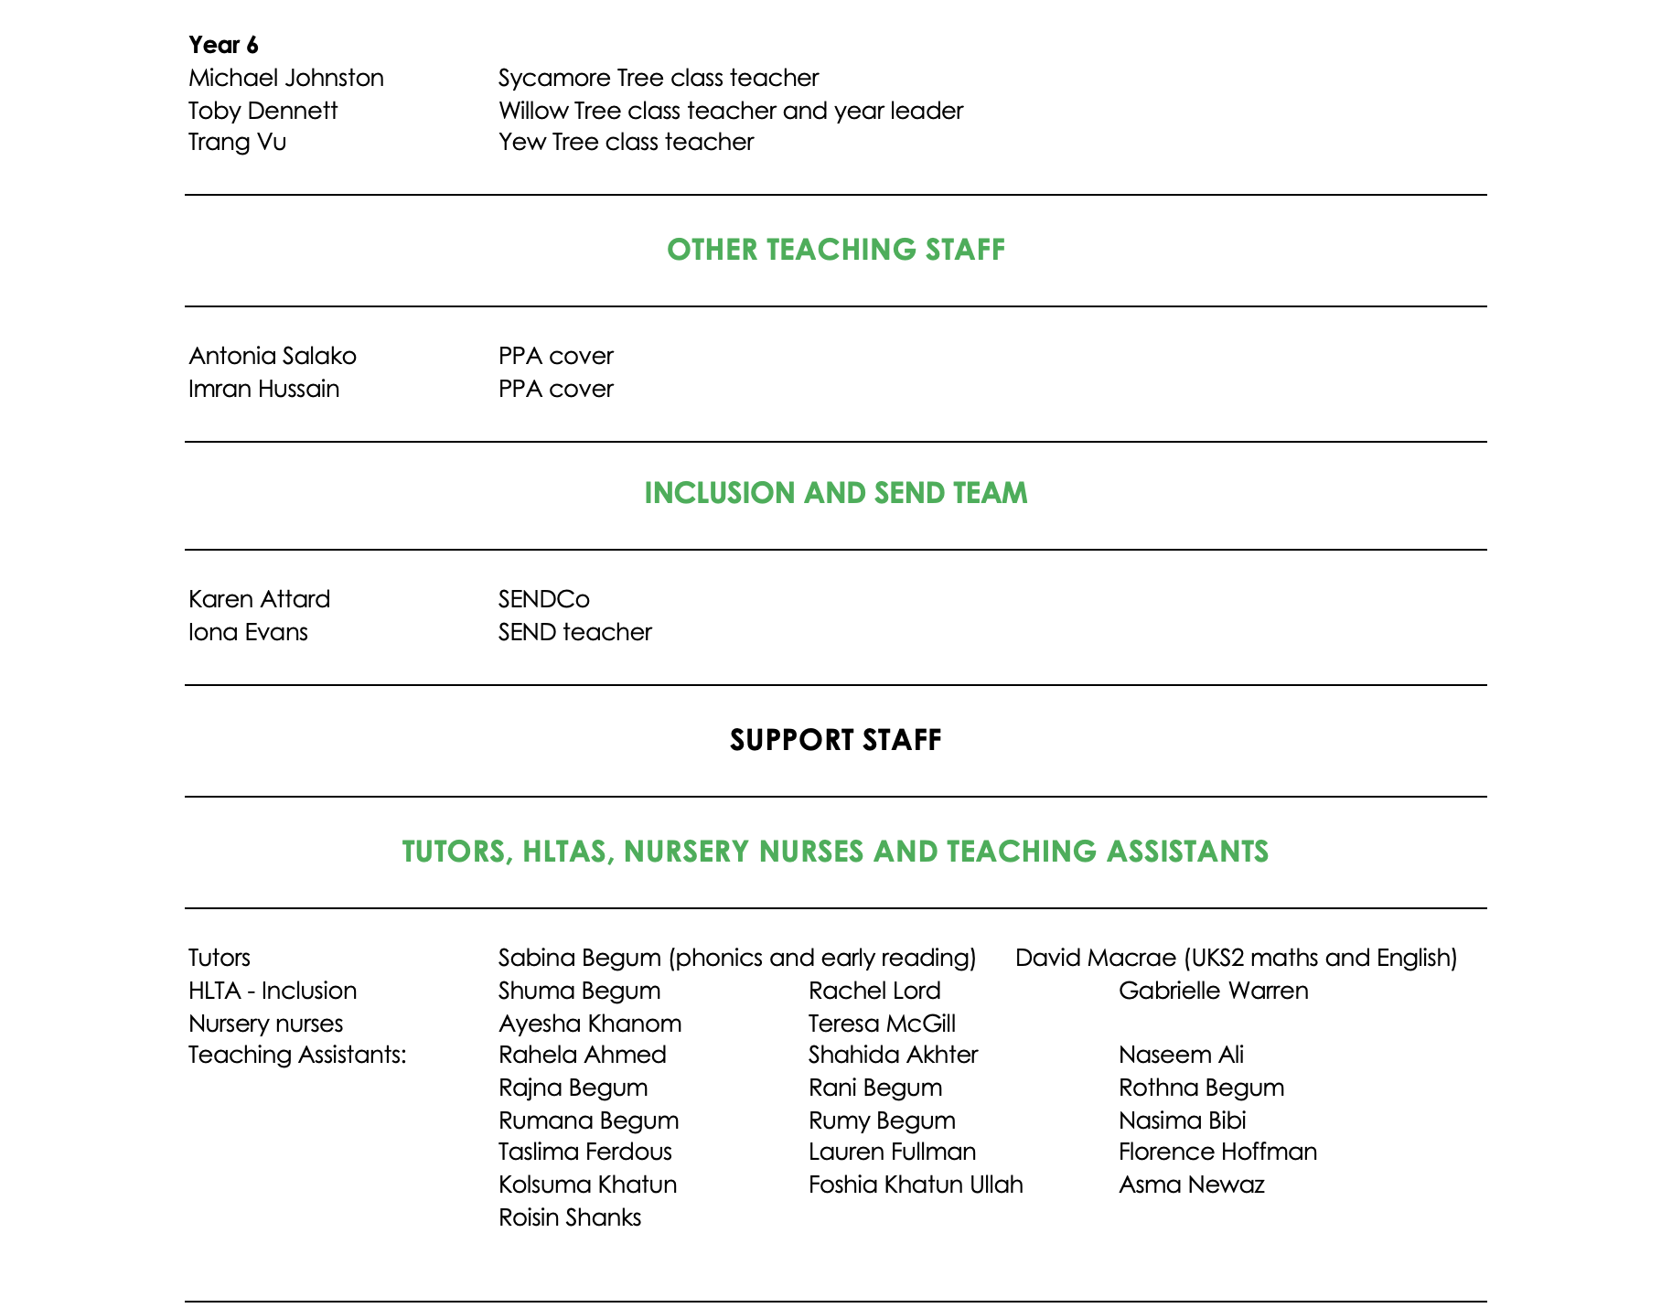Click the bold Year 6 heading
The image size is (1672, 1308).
click(x=223, y=45)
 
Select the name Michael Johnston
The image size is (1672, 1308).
click(x=285, y=78)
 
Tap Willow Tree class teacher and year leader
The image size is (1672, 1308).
click(x=730, y=111)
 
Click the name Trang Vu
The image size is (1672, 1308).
click(x=237, y=142)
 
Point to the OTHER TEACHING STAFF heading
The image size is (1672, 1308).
click(x=835, y=250)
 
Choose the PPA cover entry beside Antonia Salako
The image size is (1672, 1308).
click(x=555, y=356)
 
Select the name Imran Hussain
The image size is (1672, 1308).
click(x=263, y=389)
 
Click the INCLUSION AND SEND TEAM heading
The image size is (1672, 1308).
click(x=835, y=493)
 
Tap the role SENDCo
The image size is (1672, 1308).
click(x=543, y=599)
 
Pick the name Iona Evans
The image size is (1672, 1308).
click(x=248, y=632)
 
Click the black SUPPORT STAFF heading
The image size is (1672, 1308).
click(x=835, y=740)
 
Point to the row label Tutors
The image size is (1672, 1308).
click(x=219, y=958)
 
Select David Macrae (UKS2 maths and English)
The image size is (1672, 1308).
click(x=1236, y=958)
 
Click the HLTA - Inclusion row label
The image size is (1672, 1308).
click(x=272, y=991)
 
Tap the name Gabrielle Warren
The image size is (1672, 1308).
click(x=1213, y=991)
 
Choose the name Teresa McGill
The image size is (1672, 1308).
click(x=882, y=1024)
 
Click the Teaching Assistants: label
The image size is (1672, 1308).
click(x=296, y=1055)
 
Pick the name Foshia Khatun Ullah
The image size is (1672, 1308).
click(x=916, y=1185)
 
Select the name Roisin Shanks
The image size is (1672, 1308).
click(x=569, y=1217)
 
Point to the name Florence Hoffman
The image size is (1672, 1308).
click(x=1217, y=1152)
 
